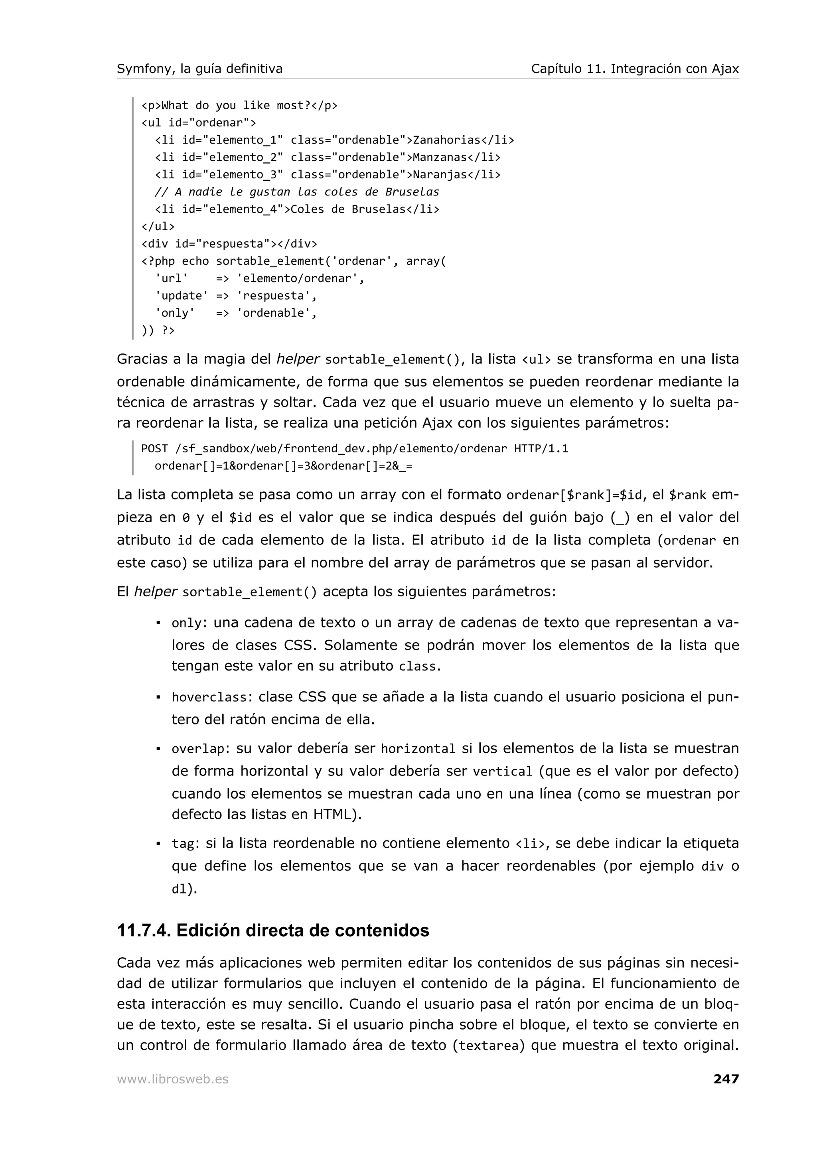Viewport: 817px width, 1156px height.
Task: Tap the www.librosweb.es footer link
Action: click(x=173, y=1079)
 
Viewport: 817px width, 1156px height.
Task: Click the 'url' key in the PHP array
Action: click(x=171, y=278)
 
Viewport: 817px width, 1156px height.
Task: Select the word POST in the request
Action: click(x=154, y=449)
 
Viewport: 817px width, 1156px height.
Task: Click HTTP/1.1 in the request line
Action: click(x=541, y=449)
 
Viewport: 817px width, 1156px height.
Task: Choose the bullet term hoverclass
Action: click(x=209, y=697)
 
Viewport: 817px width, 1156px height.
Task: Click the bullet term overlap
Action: click(x=197, y=749)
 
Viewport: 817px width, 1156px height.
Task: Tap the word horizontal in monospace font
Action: click(x=418, y=749)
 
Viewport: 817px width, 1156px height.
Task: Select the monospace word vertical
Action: click(x=502, y=772)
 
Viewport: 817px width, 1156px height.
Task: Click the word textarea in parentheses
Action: click(x=488, y=1046)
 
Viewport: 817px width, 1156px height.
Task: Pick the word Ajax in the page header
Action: click(x=725, y=69)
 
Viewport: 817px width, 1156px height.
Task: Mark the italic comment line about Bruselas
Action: click(x=296, y=192)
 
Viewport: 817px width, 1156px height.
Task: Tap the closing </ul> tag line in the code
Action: click(x=158, y=227)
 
